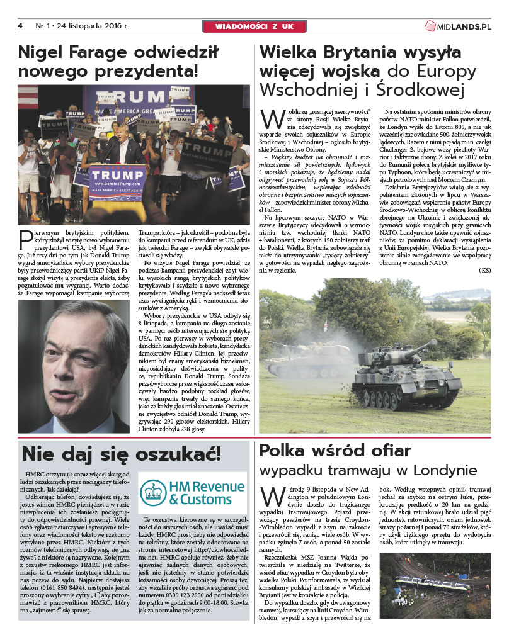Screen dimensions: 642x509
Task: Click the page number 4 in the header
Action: (20, 26)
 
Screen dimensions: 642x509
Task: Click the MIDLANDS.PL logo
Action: (457, 26)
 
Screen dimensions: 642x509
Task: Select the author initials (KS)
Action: (484, 270)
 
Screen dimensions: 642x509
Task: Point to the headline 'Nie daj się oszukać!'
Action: (122, 454)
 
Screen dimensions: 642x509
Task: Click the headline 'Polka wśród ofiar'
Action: (335, 451)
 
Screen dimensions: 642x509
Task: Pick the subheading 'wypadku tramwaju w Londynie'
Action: (368, 471)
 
